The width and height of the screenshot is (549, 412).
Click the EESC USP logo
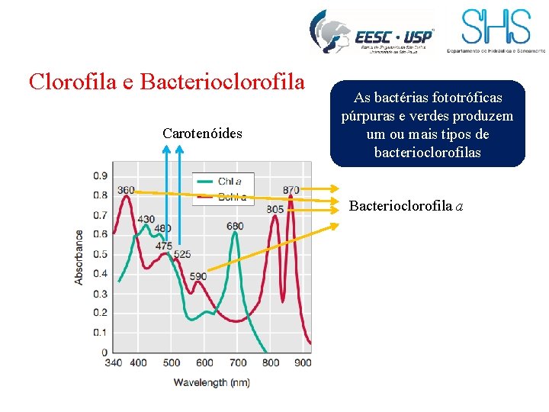(372, 33)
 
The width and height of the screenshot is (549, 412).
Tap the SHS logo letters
(496, 27)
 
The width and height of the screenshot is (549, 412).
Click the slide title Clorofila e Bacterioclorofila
(166, 81)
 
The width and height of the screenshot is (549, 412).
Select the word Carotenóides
(202, 134)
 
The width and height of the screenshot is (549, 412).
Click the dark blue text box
(427, 124)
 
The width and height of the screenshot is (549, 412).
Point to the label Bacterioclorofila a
(406, 206)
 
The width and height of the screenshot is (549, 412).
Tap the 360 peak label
(126, 190)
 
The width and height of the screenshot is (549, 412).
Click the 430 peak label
(146, 220)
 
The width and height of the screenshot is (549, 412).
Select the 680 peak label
(235, 226)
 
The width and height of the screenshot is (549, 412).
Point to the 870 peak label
(291, 190)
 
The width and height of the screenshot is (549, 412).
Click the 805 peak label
(274, 209)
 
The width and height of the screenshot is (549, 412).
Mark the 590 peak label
(197, 276)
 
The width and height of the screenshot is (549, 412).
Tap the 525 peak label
(182, 254)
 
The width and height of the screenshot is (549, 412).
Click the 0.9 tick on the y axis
(100, 175)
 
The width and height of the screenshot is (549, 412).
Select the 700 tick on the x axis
(238, 362)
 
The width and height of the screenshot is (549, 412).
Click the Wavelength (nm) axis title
(211, 381)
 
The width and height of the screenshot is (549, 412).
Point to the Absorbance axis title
(79, 257)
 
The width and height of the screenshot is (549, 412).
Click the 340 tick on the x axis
(113, 362)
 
